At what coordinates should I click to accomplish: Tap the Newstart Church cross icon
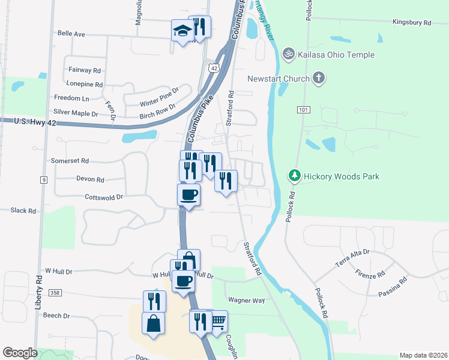click(319, 78)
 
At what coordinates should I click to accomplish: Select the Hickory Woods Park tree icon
click(294, 176)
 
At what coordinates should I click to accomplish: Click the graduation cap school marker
click(182, 31)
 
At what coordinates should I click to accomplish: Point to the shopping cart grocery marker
click(217, 322)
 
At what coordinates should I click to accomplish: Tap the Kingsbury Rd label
click(412, 22)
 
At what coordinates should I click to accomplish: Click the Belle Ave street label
click(71, 34)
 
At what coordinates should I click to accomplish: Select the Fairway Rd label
click(84, 70)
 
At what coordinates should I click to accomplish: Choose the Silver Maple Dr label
click(76, 113)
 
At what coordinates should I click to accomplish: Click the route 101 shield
click(303, 110)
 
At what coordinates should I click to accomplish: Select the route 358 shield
click(55, 292)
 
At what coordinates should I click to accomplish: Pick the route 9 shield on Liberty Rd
click(44, 179)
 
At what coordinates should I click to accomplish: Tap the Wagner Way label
click(246, 299)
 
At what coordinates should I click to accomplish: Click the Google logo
click(20, 353)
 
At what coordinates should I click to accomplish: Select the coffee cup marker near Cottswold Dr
click(188, 195)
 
